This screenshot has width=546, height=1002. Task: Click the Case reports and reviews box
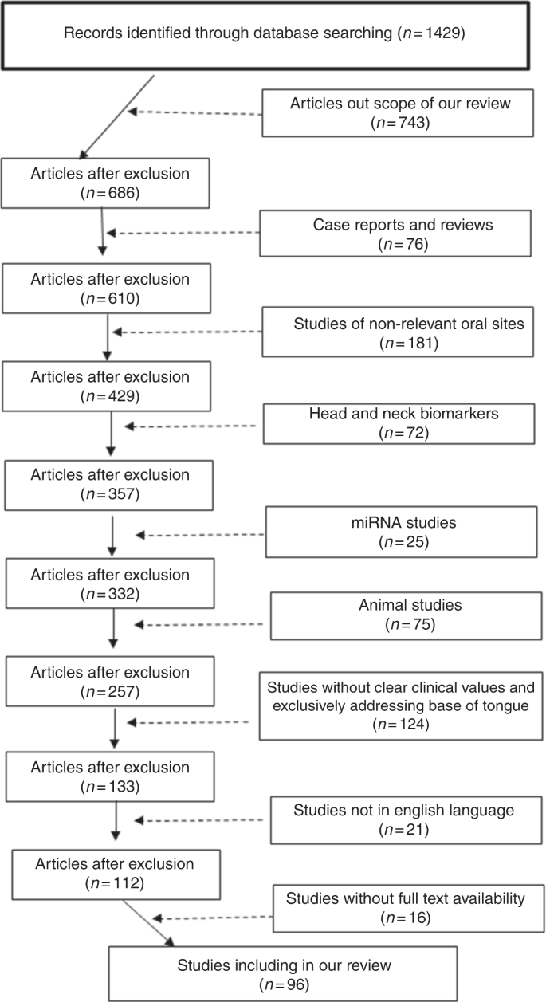[x=403, y=234]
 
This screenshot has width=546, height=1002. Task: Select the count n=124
[x=400, y=725]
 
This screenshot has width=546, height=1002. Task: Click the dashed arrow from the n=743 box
[x=195, y=112]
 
